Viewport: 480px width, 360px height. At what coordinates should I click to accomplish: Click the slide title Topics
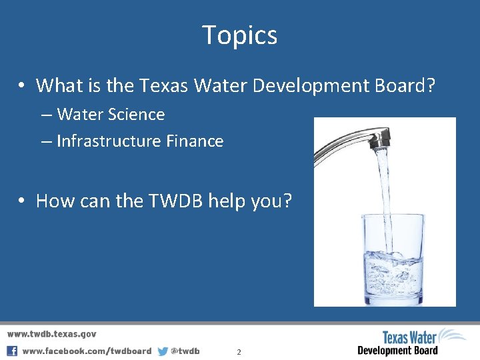click(240, 35)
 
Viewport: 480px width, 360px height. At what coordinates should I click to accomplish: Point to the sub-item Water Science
click(111, 115)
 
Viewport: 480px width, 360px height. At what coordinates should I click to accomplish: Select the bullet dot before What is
click(22, 86)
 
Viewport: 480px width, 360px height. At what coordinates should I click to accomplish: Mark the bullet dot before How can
click(22, 201)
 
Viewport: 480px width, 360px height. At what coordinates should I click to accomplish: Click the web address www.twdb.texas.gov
click(52, 334)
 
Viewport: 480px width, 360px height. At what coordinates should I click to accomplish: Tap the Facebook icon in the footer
click(12, 351)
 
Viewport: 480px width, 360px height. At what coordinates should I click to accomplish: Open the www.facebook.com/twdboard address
click(87, 351)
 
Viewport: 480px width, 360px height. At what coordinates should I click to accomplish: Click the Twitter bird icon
click(163, 351)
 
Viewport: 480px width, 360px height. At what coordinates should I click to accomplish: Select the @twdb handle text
click(185, 351)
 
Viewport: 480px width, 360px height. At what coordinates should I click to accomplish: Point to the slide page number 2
click(239, 351)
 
